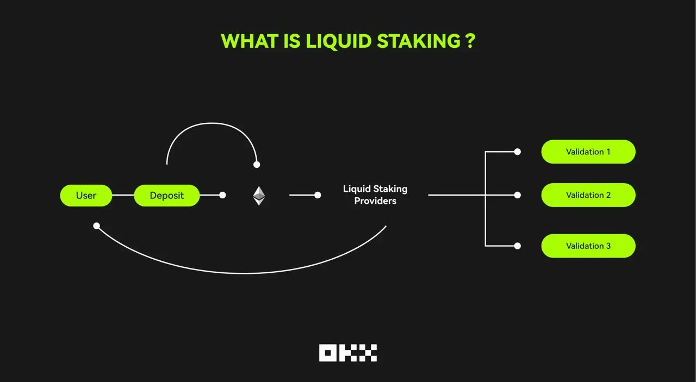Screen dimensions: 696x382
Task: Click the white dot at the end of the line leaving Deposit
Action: coord(222,195)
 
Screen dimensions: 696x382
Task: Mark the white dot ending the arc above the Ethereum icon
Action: coord(257,165)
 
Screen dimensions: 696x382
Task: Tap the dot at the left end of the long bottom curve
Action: coord(97,226)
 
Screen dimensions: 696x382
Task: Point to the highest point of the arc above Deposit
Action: coord(212,123)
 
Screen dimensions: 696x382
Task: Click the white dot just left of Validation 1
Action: coord(517,152)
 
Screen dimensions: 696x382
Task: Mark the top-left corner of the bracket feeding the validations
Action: coord(486,152)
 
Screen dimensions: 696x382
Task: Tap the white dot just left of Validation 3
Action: coord(517,246)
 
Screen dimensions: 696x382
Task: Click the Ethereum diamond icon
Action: coord(259,196)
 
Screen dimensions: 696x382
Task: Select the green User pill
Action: coord(86,196)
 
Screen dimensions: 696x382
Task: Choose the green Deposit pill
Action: coord(167,196)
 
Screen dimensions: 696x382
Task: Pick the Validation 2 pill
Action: coord(588,195)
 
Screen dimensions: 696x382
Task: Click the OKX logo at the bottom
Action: coord(348,353)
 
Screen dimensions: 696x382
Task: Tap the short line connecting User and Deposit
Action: coord(123,195)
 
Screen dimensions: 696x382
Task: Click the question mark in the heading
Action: coord(471,41)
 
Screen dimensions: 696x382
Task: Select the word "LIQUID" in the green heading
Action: coord(339,41)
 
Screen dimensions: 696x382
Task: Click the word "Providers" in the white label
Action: coord(375,201)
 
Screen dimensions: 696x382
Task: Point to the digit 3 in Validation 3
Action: coord(608,246)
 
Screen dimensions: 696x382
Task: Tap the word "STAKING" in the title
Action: coord(419,41)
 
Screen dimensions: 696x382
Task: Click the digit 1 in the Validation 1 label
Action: coord(608,152)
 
